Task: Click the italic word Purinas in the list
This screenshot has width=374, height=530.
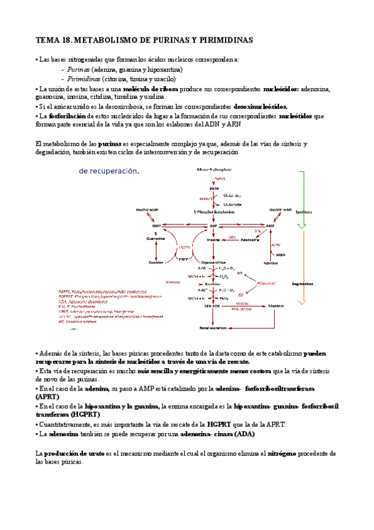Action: [79, 69]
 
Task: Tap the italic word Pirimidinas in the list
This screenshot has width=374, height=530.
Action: [84, 79]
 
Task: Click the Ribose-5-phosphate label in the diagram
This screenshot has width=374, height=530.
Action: [214, 169]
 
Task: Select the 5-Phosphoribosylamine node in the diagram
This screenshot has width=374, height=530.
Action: [214, 212]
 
